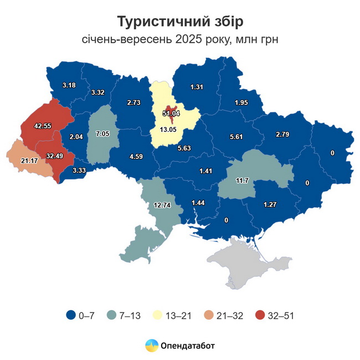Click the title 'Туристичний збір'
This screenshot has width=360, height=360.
[x=180, y=21]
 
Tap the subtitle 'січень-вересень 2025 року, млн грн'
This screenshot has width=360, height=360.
[x=180, y=39]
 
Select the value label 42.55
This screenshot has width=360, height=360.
[x=42, y=126]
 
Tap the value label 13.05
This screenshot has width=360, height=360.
[x=172, y=130]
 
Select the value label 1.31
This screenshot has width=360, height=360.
[x=197, y=87]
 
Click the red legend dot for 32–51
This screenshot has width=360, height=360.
[x=259, y=315]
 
